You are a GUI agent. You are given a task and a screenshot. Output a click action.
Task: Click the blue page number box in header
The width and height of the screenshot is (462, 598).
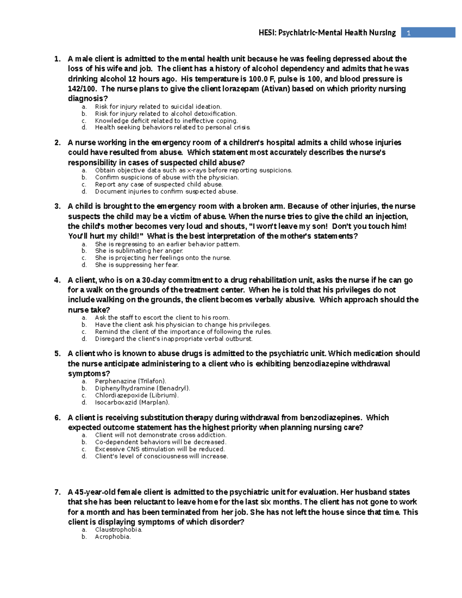(x=428, y=33)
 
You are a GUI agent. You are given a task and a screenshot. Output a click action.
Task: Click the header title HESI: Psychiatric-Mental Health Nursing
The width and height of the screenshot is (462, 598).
(x=327, y=33)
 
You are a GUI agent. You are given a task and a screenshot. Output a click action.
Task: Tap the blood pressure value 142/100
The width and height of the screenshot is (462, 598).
(x=82, y=89)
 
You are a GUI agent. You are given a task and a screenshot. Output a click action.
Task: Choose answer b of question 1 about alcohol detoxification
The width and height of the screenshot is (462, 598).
(x=166, y=114)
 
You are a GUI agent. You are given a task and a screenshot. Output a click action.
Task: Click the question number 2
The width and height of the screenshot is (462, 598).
(x=57, y=143)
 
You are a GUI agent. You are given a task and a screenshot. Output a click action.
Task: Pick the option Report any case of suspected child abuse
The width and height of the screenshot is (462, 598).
(x=159, y=184)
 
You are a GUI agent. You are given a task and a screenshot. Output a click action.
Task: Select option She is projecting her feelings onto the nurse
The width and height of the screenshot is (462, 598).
(x=162, y=258)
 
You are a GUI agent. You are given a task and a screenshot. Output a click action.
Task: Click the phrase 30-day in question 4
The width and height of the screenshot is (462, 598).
(x=154, y=280)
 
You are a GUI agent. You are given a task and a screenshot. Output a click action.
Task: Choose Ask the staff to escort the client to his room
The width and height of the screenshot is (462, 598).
(x=162, y=318)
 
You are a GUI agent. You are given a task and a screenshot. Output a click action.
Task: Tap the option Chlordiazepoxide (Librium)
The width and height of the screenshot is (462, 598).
(x=137, y=395)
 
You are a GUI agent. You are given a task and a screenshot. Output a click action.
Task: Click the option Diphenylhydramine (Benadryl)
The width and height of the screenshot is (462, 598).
(x=142, y=389)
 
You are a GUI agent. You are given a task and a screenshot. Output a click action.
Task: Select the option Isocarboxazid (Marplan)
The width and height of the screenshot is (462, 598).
(x=132, y=402)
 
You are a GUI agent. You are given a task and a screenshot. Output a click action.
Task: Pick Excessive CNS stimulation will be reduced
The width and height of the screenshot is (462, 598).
(x=160, y=449)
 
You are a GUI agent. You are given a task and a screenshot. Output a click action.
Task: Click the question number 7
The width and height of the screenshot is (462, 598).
(x=57, y=492)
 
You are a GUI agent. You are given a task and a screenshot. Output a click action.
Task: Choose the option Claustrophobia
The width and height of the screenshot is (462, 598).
(x=118, y=530)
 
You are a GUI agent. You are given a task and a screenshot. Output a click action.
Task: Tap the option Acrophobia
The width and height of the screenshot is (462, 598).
(x=112, y=537)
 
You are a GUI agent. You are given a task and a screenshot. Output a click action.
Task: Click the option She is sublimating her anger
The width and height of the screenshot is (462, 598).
(x=139, y=251)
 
